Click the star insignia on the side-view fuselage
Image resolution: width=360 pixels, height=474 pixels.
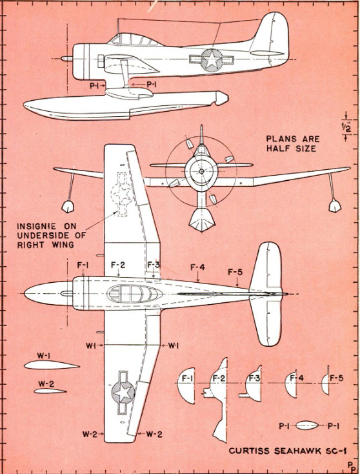(212, 60)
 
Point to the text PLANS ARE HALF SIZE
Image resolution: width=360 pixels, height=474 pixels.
(292, 143)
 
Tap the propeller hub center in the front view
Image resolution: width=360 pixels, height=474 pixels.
(201, 171)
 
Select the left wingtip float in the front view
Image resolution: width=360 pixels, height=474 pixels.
(68, 206)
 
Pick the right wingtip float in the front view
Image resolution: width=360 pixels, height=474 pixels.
(335, 206)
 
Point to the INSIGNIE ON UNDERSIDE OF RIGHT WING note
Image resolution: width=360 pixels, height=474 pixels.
(52, 235)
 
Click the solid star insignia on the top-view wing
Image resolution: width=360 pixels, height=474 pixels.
(123, 392)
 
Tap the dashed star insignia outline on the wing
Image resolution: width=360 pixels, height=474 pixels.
(122, 194)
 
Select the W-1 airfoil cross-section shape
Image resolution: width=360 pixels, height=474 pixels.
(52, 365)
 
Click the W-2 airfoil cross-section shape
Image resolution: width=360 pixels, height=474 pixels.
(50, 391)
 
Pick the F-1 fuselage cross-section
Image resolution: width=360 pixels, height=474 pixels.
(186, 386)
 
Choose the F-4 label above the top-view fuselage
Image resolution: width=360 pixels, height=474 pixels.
(197, 267)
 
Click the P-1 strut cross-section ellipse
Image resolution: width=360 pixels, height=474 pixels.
(307, 426)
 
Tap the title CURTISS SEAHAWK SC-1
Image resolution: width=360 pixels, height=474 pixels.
(288, 451)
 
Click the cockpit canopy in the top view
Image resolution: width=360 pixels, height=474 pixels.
(134, 294)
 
